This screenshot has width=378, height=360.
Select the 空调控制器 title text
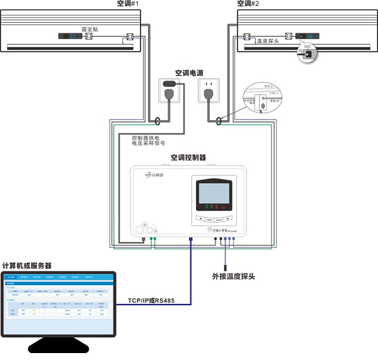click(x=188, y=157)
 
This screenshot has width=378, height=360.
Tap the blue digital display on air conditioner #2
click(x=308, y=37)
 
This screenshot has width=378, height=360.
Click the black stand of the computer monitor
click(x=59, y=346)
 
